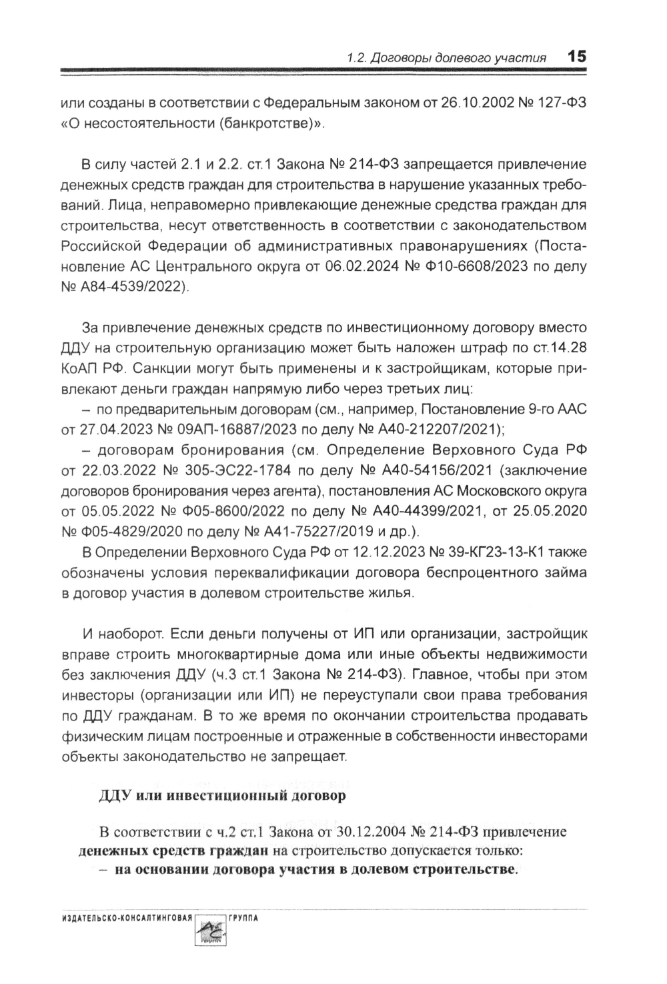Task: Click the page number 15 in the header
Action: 577,57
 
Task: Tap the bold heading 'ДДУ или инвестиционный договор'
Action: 222,796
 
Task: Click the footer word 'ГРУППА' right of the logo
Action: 242,919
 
